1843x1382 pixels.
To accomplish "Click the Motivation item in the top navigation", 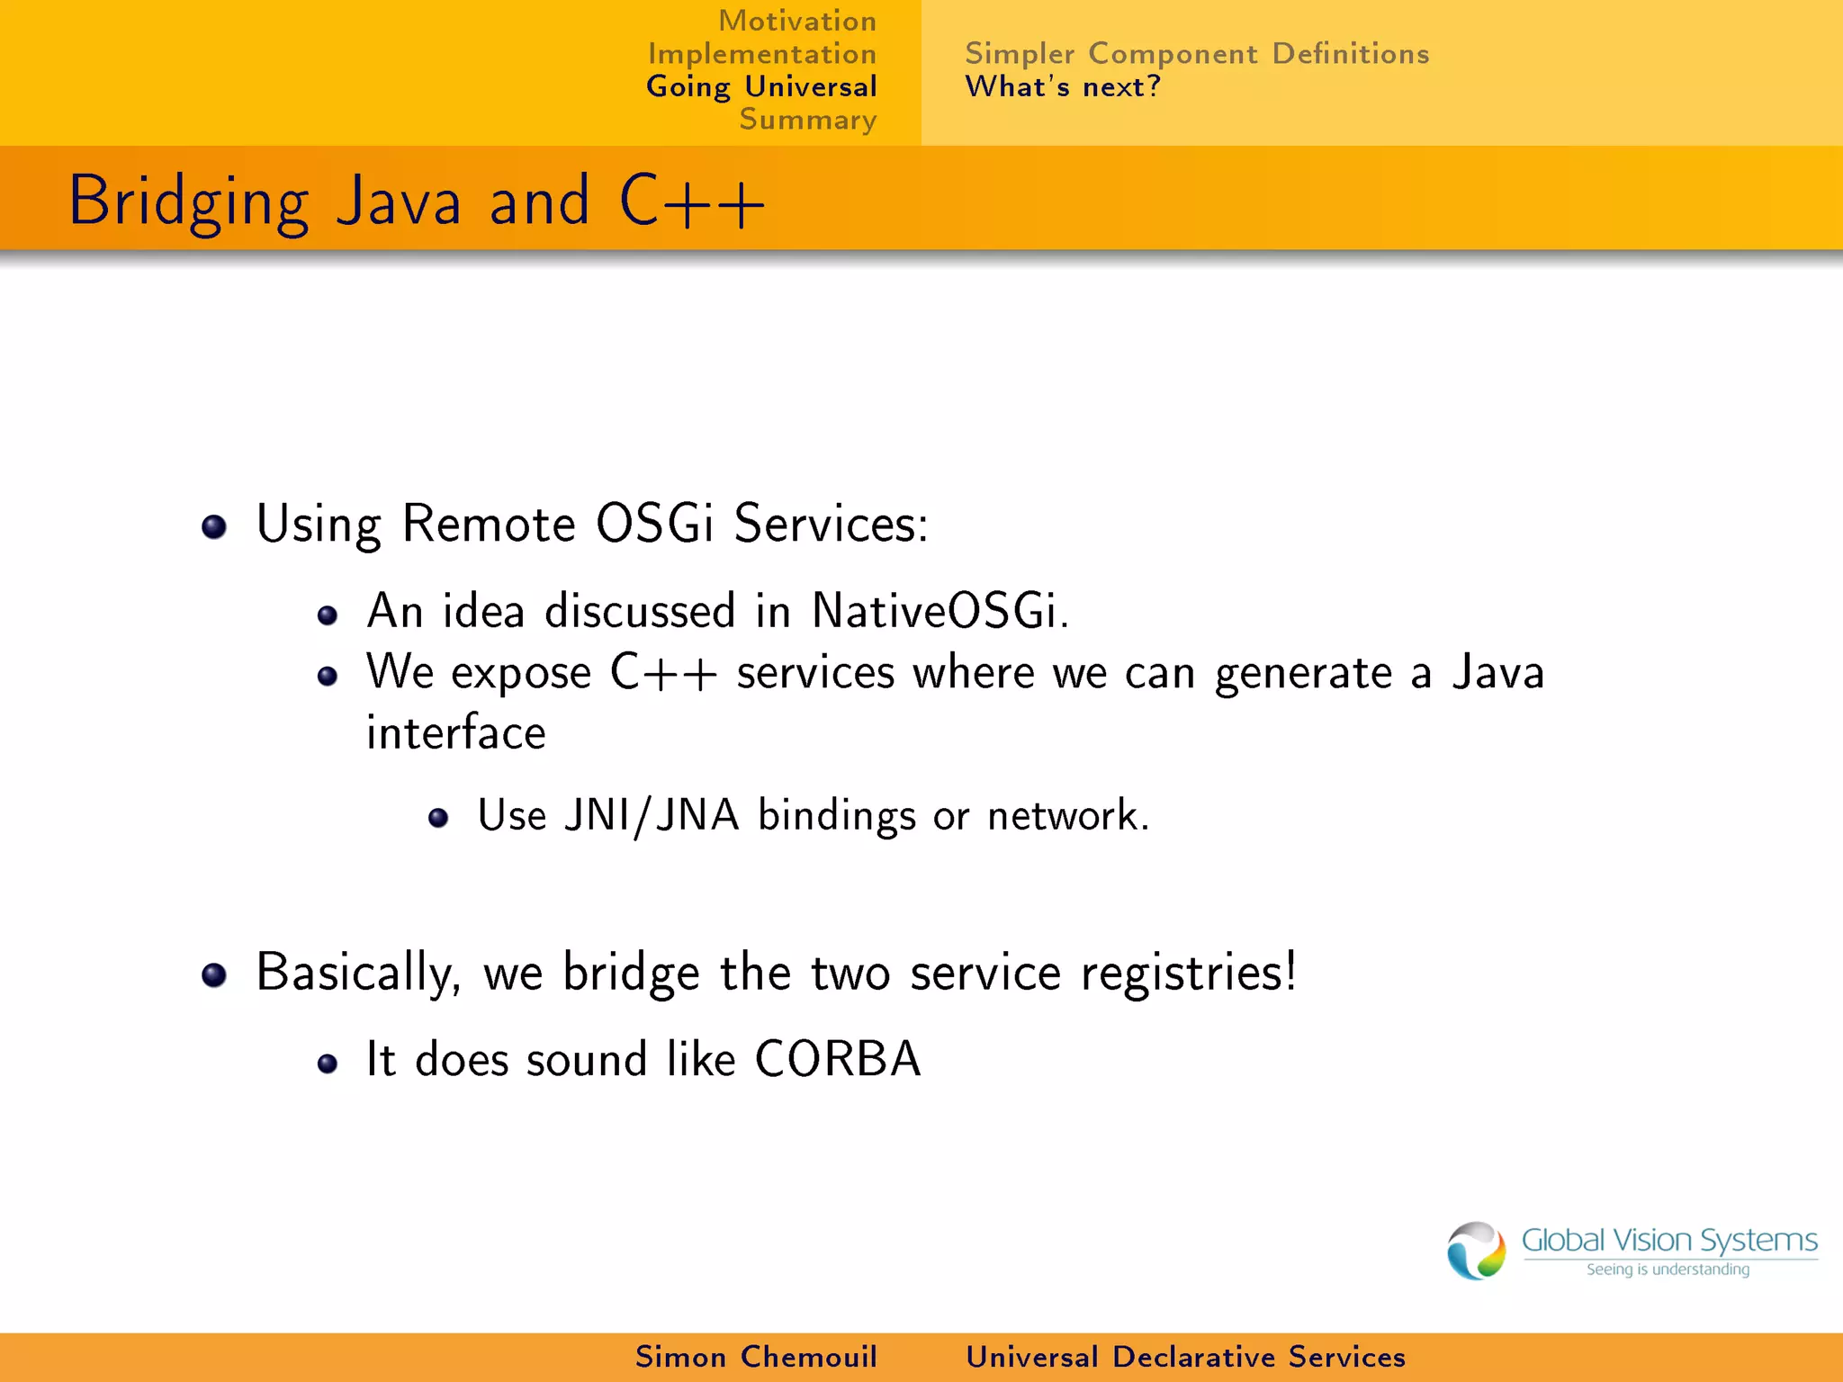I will pyautogui.click(x=796, y=21).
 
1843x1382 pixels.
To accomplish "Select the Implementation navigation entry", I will pyautogui.click(x=762, y=54).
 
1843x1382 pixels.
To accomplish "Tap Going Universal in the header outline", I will pyautogui.click(x=761, y=87).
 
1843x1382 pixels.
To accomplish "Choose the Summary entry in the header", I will pyautogui.click(x=807, y=120).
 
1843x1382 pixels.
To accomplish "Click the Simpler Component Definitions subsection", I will pyautogui.click(x=1196, y=54).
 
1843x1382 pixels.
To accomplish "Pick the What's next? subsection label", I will pyautogui.click(x=1063, y=87).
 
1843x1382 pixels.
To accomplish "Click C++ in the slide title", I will pyautogui.click(x=691, y=202).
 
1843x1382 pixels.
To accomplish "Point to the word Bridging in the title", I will pyautogui.click(x=189, y=202).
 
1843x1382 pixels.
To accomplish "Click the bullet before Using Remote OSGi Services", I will pyautogui.click(x=214, y=526).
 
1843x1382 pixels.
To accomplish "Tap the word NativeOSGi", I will pyautogui.click(x=939, y=611).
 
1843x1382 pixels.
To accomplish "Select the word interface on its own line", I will pyautogui.click(x=455, y=732).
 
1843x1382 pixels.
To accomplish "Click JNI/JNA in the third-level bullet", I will pyautogui.click(x=652, y=815).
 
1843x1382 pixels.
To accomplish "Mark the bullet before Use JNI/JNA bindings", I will pyautogui.click(x=438, y=817).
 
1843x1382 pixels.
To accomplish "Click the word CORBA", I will pyautogui.click(x=837, y=1059).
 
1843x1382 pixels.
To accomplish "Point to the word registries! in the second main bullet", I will pyautogui.click(x=1188, y=973).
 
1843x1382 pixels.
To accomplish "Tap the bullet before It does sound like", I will pyautogui.click(x=328, y=1064).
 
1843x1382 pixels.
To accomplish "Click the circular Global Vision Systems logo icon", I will pyautogui.click(x=1476, y=1250).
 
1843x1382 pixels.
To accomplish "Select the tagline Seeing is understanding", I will pyautogui.click(x=1668, y=1270).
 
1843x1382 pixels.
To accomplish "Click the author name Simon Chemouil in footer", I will pyautogui.click(x=756, y=1357).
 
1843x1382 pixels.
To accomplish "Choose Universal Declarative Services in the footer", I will pyautogui.click(x=1185, y=1357).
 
